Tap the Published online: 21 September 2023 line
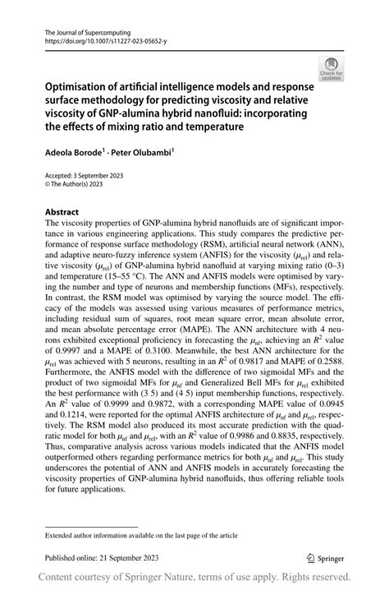tap(101, 557)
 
